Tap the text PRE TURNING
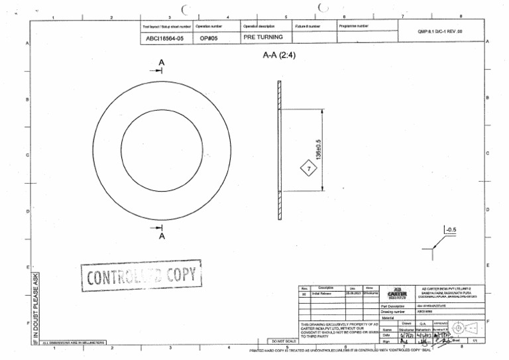[x=263, y=38]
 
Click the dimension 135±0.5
[x=319, y=149]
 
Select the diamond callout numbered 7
[x=308, y=169]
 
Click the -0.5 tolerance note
[x=451, y=231]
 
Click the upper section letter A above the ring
[x=162, y=62]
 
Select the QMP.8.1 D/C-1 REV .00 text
[x=444, y=31]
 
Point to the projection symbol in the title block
[x=469, y=328]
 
